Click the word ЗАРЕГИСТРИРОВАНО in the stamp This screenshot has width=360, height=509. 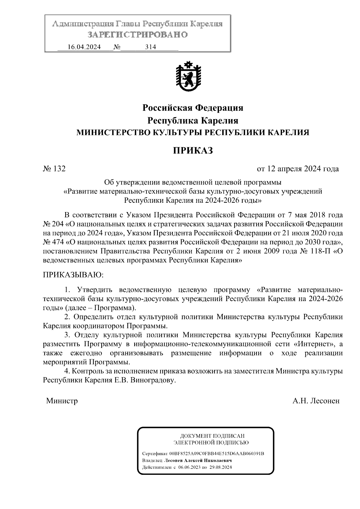click(138, 35)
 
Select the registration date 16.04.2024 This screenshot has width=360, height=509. click(84, 47)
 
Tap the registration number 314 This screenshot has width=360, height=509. click(150, 47)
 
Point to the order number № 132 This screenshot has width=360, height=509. click(54, 169)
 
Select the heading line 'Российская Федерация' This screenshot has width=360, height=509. click(193, 108)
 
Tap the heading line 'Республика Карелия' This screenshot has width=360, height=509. click(193, 121)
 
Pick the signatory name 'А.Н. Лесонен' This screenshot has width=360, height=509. click(316, 401)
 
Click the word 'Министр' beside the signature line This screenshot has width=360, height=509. click(62, 401)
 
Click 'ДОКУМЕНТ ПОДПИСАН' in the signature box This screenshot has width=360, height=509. click(212, 436)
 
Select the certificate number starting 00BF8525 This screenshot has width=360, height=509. click(217, 453)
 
